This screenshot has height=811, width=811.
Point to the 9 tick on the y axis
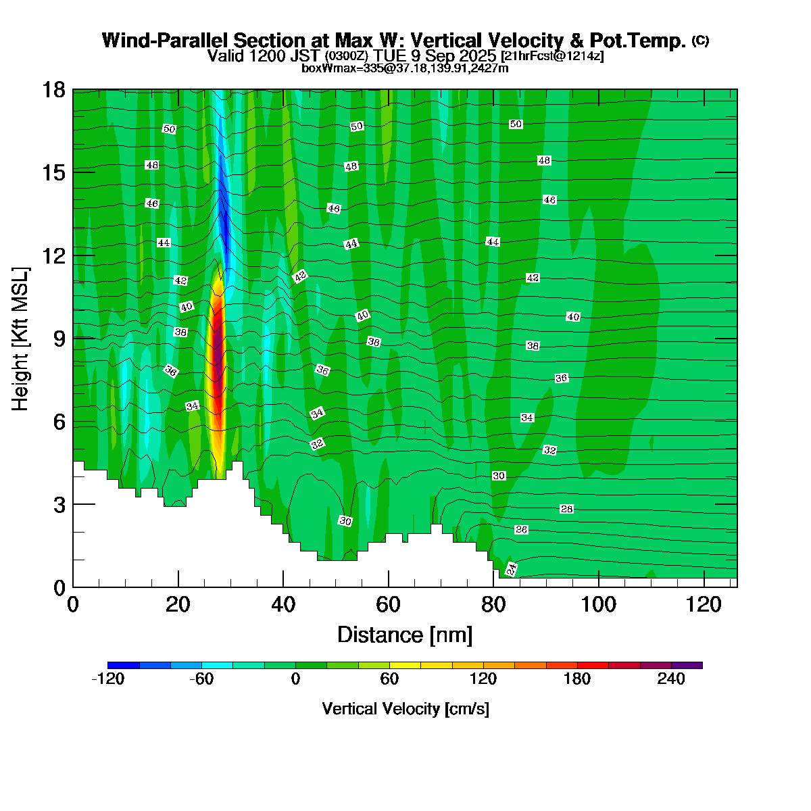click(x=59, y=339)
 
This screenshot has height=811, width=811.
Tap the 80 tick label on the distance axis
click(x=494, y=604)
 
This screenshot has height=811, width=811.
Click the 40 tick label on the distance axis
click(x=284, y=604)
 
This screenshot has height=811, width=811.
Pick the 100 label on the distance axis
click(x=599, y=604)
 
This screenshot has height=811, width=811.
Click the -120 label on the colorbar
click(x=107, y=679)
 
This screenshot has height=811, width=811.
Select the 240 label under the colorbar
click(x=671, y=679)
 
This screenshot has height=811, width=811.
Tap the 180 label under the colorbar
click(x=577, y=679)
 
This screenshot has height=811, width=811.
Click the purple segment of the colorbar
click(x=687, y=665)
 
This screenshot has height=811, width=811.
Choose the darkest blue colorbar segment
click(x=124, y=665)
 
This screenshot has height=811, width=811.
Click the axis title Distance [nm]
click(x=405, y=635)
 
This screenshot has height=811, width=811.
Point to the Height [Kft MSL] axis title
click(x=21, y=339)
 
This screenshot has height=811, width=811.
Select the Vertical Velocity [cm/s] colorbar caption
click(x=405, y=709)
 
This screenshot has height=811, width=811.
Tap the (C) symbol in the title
click(x=700, y=41)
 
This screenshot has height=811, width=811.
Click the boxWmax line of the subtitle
click(x=405, y=68)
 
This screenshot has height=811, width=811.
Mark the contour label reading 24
click(x=512, y=569)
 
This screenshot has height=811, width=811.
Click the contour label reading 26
click(x=521, y=529)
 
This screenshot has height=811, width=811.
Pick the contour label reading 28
click(x=567, y=509)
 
